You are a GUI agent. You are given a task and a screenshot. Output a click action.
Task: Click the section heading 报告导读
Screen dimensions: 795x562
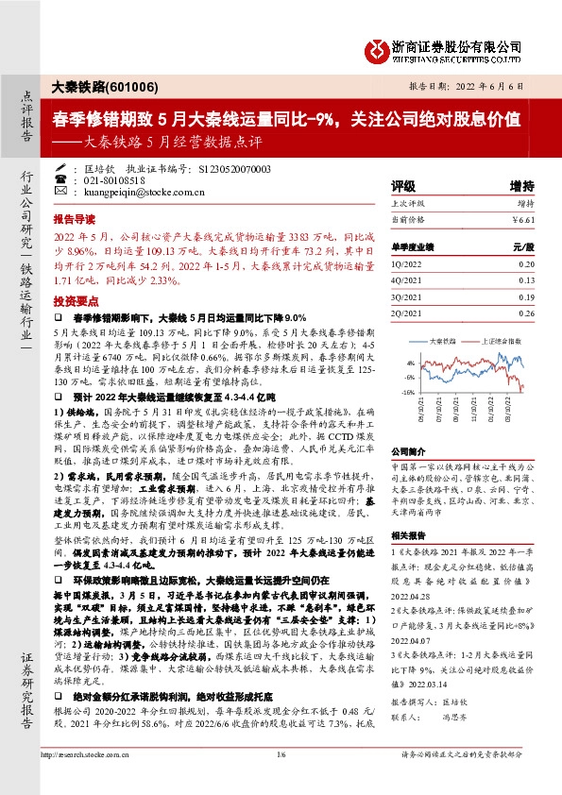[75, 215]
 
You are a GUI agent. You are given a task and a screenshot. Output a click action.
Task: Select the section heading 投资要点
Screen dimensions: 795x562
[75, 300]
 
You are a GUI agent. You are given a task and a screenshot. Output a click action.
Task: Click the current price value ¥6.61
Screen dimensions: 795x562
[523, 221]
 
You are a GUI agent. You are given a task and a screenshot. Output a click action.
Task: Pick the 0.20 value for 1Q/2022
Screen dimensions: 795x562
[526, 265]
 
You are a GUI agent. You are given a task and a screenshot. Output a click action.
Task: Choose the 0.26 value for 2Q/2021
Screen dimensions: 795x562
[526, 313]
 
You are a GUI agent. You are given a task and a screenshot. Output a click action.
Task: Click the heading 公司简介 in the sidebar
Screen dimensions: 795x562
[409, 452]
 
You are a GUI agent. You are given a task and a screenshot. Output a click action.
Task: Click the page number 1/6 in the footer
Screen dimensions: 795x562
[281, 779]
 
